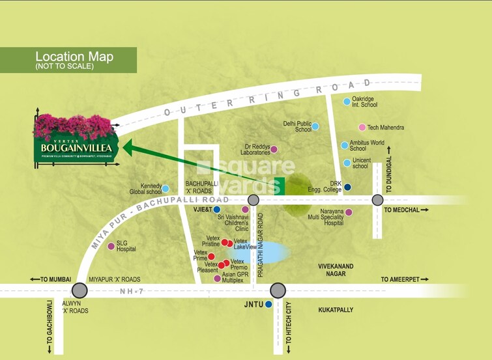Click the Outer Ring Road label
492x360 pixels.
(267, 98)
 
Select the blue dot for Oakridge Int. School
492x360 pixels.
(346, 102)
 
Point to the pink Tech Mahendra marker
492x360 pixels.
(362, 128)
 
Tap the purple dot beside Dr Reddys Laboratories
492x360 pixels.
(274, 149)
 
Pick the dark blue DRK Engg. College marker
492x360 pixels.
(347, 187)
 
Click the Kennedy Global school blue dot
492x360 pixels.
(166, 189)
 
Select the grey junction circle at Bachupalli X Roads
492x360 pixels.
(253, 200)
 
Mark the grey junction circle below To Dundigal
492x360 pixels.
(377, 200)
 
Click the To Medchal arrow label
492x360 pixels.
(406, 210)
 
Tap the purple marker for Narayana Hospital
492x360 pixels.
(349, 212)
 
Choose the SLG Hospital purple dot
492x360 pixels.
(111, 246)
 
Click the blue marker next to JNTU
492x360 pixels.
(268, 303)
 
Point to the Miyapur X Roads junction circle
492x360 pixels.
(80, 290)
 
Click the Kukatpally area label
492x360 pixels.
(336, 310)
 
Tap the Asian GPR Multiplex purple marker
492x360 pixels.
(217, 279)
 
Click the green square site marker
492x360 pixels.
(280, 186)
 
